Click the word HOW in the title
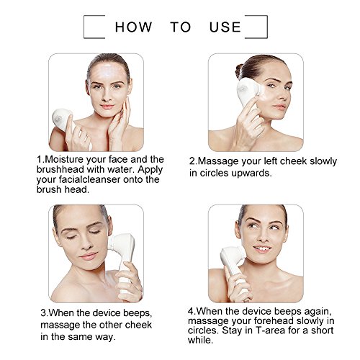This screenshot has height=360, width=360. pos(133,27)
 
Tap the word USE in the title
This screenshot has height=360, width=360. pos(225,27)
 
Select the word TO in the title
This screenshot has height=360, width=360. pos(181,27)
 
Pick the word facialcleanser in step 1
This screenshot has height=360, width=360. pos(88,179)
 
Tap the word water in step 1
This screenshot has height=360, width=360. pos(121,169)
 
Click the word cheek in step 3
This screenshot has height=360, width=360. pos(138,325)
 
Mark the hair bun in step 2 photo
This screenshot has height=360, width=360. pos(239,71)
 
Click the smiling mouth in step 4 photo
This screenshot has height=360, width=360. pos(262,249)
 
